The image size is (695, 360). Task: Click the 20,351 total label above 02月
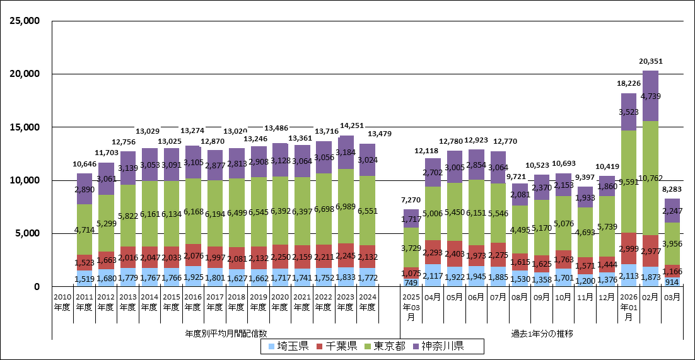(650, 61)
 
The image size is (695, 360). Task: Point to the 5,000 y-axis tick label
(29, 233)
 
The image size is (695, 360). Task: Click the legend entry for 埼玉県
(289, 346)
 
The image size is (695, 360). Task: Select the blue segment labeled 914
(672, 282)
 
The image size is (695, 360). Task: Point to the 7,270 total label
(411, 199)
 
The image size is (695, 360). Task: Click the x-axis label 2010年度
(62, 302)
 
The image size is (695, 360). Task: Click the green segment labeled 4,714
(85, 229)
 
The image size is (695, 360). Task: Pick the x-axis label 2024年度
(367, 302)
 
